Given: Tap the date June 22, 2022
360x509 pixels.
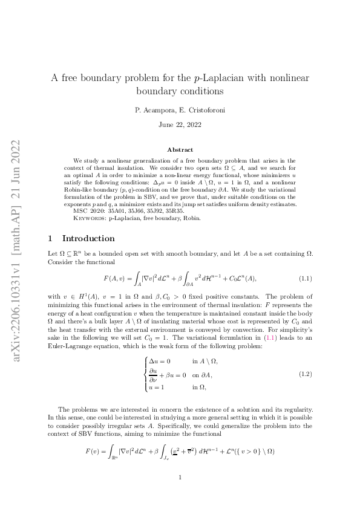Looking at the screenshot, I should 180,125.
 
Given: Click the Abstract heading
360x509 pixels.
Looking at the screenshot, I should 180,149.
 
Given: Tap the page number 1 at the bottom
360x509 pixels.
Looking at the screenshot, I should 180,478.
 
